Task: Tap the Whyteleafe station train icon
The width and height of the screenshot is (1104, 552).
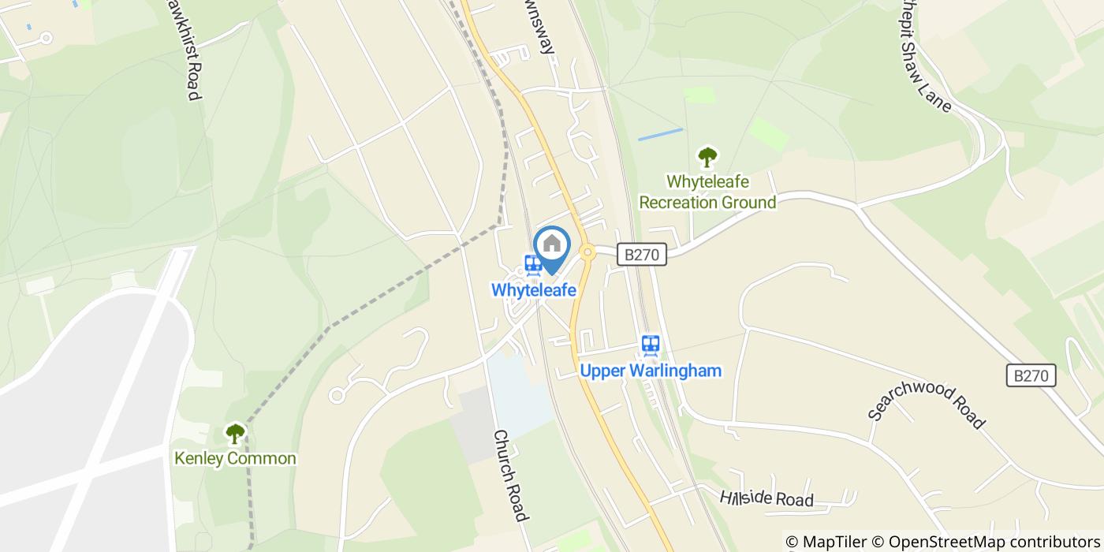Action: tap(533, 264)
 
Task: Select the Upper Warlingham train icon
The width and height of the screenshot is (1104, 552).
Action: tap(651, 345)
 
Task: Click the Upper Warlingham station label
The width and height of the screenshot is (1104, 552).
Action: tap(651, 371)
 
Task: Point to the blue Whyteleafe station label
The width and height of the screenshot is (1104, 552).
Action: tap(534, 290)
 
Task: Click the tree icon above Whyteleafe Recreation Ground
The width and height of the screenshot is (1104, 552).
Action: tap(707, 158)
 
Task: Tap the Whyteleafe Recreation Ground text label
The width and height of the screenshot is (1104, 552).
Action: tap(707, 192)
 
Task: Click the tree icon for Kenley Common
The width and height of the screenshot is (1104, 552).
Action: tap(235, 433)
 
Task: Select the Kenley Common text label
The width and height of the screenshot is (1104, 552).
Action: tap(235, 458)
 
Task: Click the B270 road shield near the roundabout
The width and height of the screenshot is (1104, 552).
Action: tap(641, 255)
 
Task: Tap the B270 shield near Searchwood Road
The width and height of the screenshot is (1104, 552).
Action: tap(1031, 376)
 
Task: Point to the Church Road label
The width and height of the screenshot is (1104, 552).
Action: tap(509, 476)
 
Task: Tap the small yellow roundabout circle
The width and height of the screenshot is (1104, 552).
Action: tap(587, 252)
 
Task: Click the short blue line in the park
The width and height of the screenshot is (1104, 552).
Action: tap(660, 134)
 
